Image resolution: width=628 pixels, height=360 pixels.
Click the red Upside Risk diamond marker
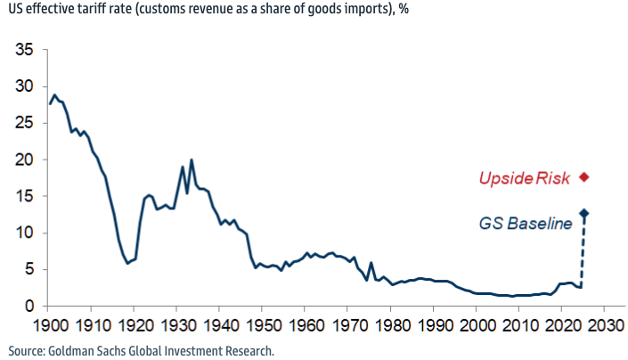(584, 176)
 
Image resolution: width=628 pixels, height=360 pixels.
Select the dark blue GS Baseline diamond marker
(584, 213)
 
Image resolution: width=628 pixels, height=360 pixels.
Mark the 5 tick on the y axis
(29, 269)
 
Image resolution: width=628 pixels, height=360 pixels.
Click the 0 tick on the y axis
(29, 306)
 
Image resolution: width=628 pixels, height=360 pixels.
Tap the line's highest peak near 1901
(54, 95)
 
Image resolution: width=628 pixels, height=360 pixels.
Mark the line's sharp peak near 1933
(192, 160)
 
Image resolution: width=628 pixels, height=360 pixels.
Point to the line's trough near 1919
(127, 264)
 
